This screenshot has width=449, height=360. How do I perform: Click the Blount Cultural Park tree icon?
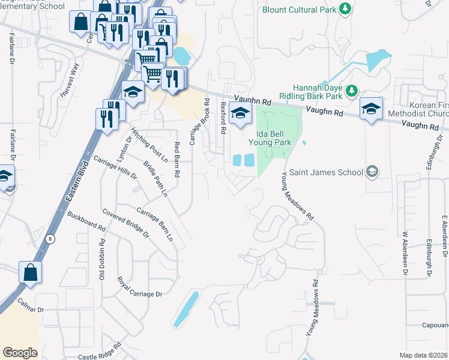pos(345,8)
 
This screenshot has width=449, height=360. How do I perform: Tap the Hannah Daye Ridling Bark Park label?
pos(318,91)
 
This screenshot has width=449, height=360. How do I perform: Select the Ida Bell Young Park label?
pos(271,137)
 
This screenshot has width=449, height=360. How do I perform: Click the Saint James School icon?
pos(372,172)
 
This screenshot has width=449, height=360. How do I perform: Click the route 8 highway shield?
pos(50,238)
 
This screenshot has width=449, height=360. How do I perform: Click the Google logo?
pos(20,352)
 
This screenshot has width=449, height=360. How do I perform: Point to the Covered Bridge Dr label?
pos(125,222)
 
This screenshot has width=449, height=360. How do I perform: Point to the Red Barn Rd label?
pos(177,159)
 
